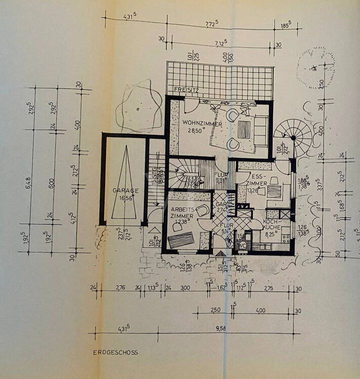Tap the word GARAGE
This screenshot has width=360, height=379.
point(126,191)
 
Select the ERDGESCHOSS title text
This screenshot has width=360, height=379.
point(115,353)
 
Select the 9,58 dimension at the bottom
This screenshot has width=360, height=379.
point(221,328)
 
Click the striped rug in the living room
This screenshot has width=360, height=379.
point(245,129)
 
